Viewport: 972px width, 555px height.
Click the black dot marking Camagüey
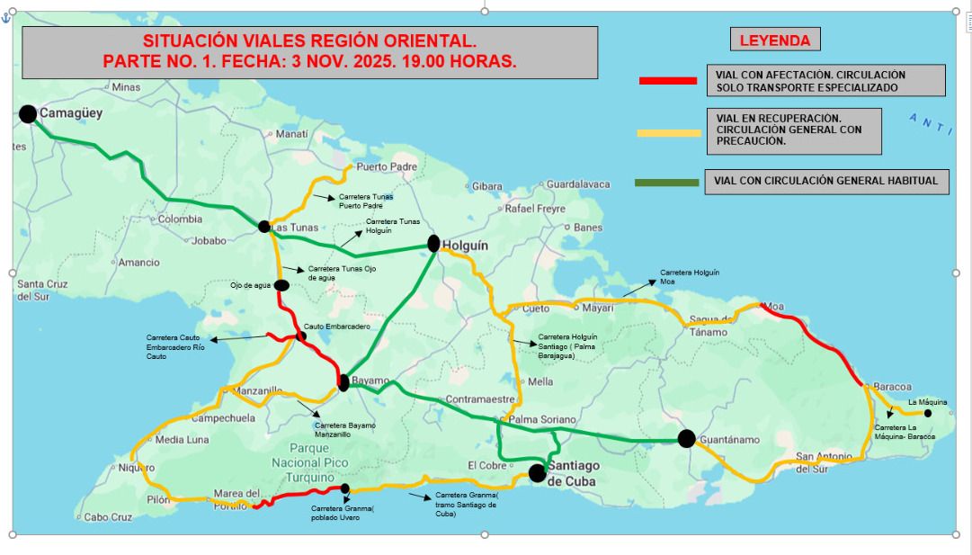28,113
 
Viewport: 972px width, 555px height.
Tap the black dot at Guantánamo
686,438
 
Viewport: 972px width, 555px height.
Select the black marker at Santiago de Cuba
538,473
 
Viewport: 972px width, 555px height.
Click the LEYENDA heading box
774,40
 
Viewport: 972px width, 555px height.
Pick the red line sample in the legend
667,81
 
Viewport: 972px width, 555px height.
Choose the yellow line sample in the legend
668,133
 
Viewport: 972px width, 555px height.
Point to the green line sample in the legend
666,183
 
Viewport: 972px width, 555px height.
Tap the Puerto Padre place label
387,166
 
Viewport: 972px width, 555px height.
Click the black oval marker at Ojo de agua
281,286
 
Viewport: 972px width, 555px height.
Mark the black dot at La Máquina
929,414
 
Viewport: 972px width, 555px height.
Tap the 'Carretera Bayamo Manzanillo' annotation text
345,429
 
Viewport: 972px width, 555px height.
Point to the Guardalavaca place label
578,184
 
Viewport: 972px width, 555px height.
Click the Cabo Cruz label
108,517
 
